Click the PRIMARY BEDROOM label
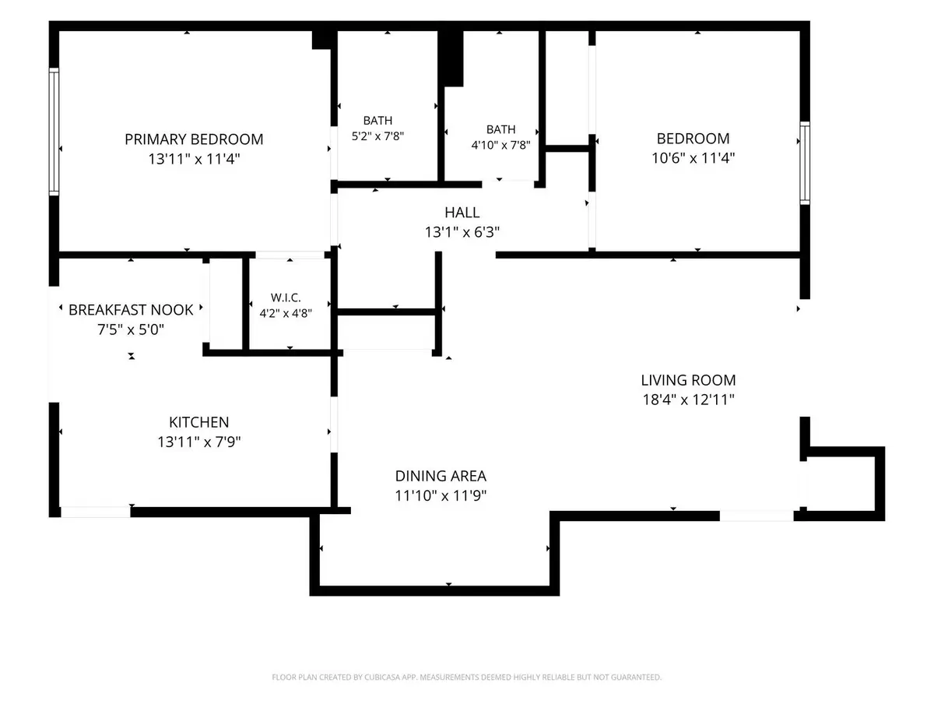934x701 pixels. pyautogui.click(x=194, y=139)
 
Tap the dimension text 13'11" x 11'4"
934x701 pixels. pyautogui.click(x=194, y=159)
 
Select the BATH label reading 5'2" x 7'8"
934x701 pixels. pyautogui.click(x=377, y=121)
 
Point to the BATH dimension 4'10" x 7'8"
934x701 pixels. pyautogui.click(x=500, y=145)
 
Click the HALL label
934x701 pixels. pyautogui.click(x=462, y=212)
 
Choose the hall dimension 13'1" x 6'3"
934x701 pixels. pyautogui.click(x=462, y=232)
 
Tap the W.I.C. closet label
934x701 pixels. pyautogui.click(x=286, y=297)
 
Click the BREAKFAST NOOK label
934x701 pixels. pyautogui.click(x=131, y=310)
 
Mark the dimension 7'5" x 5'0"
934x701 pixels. pyautogui.click(x=131, y=329)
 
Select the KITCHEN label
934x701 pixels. pyautogui.click(x=198, y=422)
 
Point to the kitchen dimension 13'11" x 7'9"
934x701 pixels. pyautogui.click(x=198, y=442)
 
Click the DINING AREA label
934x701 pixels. pyautogui.click(x=441, y=476)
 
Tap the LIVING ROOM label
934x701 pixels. pyautogui.click(x=688, y=380)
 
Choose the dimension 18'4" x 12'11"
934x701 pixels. pyautogui.click(x=688, y=400)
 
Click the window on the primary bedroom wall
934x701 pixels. pyautogui.click(x=54, y=132)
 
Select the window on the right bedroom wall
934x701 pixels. pyautogui.click(x=804, y=163)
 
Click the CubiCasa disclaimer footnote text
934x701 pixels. pyautogui.click(x=466, y=677)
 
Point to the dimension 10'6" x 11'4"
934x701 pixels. pyautogui.click(x=693, y=158)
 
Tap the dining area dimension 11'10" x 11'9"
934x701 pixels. pyautogui.click(x=441, y=495)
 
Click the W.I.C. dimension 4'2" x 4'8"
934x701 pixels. pyautogui.click(x=286, y=313)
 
